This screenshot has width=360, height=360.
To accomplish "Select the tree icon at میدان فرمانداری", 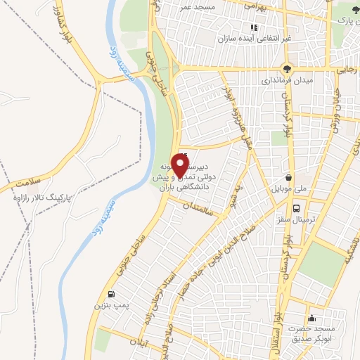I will coord(286,69).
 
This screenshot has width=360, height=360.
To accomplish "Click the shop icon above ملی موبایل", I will coord(288,177).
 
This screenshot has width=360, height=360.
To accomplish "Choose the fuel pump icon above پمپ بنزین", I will coord(110,295).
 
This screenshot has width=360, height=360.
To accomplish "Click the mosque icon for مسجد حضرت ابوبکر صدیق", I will coord(312,319).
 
